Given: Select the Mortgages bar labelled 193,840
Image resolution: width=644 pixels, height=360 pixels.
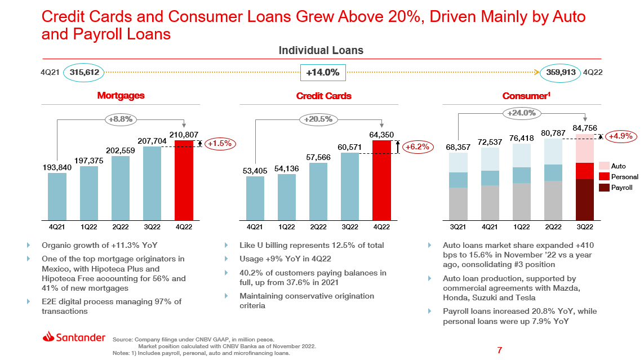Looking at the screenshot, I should (x=57, y=196).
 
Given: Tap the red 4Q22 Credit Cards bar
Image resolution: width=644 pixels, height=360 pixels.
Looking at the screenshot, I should (x=381, y=180).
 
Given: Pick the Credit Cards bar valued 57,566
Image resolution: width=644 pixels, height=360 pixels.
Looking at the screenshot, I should (x=318, y=191).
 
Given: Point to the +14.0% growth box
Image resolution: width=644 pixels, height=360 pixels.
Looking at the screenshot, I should (x=322, y=72).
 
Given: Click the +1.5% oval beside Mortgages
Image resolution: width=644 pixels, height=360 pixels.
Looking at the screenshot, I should (x=220, y=144).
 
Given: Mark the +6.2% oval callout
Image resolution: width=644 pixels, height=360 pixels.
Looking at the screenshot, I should (x=417, y=146).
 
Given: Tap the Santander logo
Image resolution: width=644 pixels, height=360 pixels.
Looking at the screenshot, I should (x=74, y=337).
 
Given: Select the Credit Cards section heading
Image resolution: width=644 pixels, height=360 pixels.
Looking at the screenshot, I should (x=323, y=96).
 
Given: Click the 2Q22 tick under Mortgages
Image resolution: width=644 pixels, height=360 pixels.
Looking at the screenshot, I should (x=121, y=226).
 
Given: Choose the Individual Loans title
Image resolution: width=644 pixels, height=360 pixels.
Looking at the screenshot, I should (x=321, y=51).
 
